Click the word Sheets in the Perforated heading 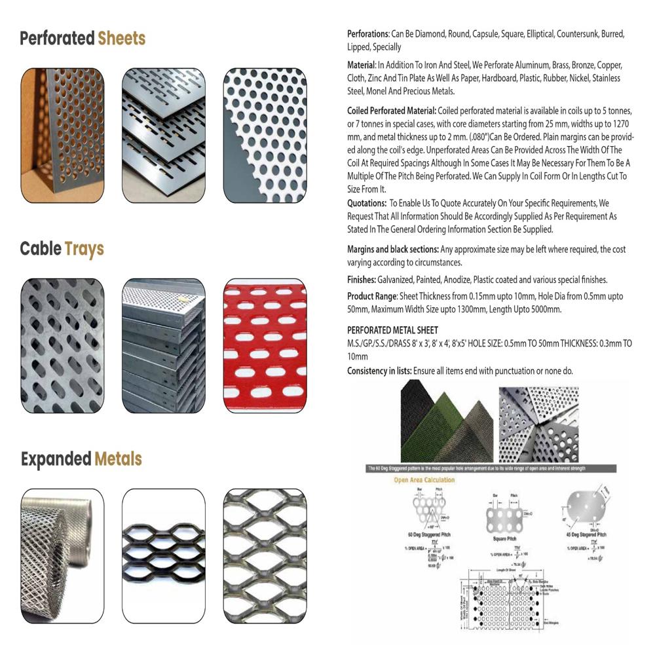[x=121, y=39]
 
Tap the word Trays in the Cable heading [x=84, y=250]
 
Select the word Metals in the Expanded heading [x=118, y=459]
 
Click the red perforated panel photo [x=265, y=345]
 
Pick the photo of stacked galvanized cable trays [x=164, y=345]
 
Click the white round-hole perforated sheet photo [x=265, y=135]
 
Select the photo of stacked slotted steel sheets [x=164, y=135]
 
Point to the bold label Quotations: [x=367, y=203]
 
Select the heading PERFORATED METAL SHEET [x=392, y=330]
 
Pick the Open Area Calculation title [x=424, y=480]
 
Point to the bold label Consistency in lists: [x=379, y=371]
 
